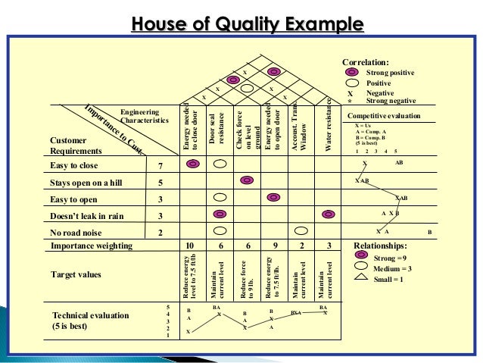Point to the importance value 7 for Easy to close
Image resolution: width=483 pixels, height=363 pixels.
point(160,165)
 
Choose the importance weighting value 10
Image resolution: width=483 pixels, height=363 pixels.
point(191,246)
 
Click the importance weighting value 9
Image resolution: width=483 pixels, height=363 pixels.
point(273,246)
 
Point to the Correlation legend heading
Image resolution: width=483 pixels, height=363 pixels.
point(365,61)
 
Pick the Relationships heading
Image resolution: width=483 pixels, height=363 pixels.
point(380,246)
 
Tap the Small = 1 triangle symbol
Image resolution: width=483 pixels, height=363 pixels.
point(360,278)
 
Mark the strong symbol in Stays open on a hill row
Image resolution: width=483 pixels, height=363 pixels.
point(246,181)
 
